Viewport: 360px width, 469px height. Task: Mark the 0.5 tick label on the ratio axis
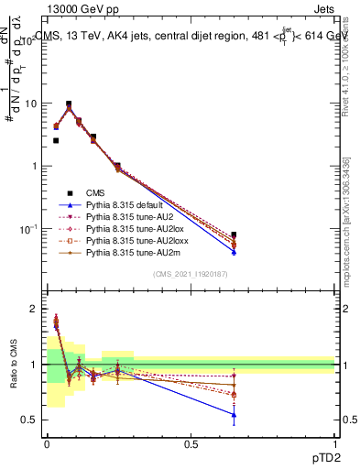(27, 420)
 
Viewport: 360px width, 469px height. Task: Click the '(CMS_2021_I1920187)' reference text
(191, 275)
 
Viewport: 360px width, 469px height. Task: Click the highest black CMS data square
(69, 104)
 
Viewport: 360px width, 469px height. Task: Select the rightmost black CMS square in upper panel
(234, 235)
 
